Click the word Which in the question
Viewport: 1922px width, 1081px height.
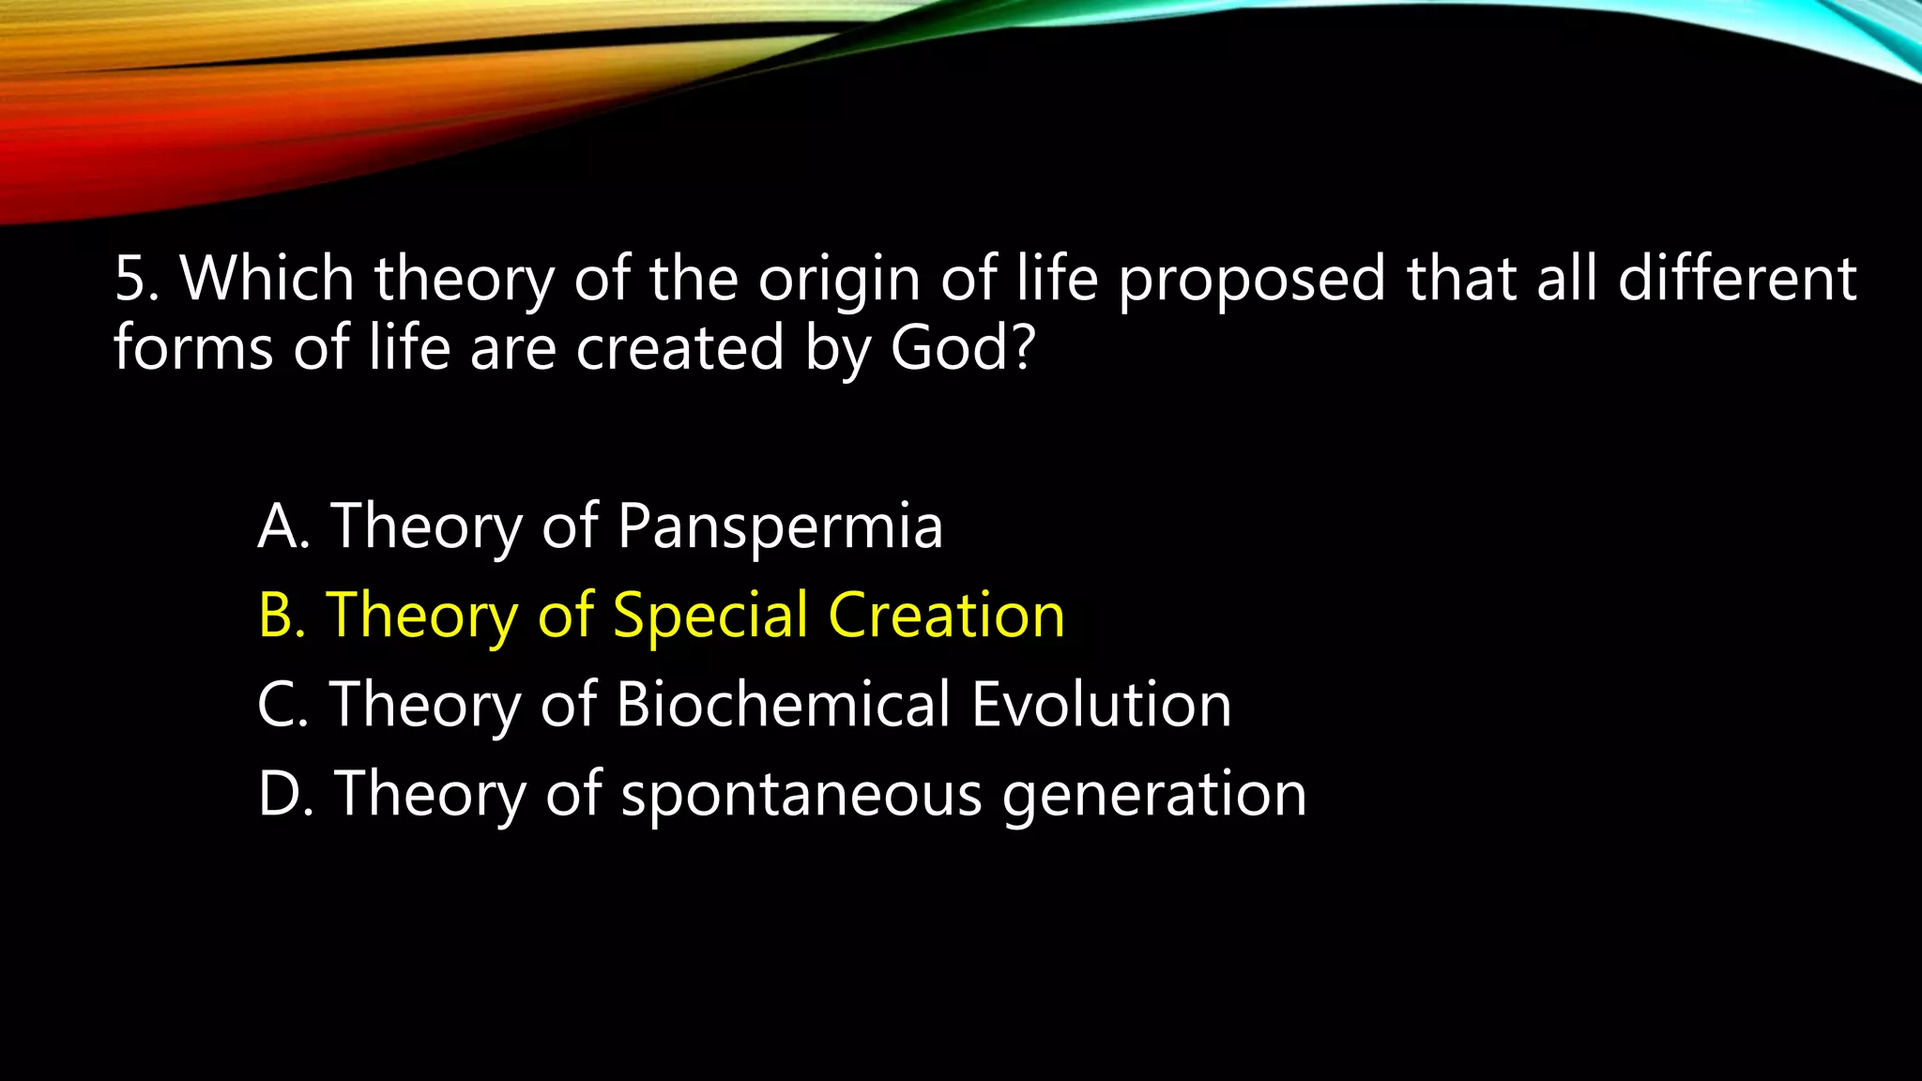[x=267, y=279]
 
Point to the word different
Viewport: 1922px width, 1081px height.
[x=1736, y=279]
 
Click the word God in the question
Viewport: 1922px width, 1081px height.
[x=948, y=348]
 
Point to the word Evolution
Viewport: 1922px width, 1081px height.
[x=1101, y=705]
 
